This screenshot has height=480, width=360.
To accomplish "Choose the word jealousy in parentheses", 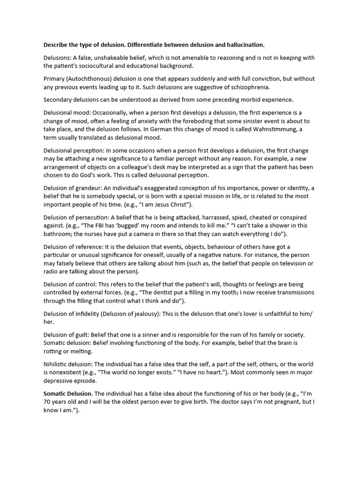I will (x=147, y=314).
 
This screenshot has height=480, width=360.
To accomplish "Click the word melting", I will (x=80, y=352).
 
